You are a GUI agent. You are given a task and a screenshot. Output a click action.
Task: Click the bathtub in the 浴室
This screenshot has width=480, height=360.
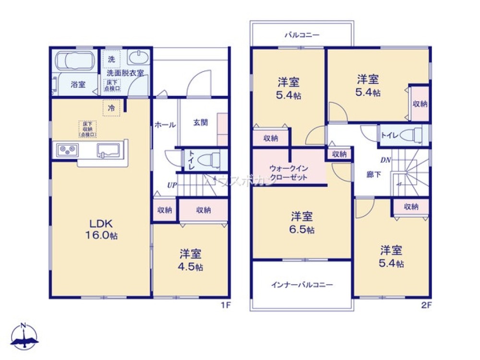pos(75,61)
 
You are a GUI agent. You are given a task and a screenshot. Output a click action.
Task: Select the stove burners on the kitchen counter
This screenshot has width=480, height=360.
pos(67,150)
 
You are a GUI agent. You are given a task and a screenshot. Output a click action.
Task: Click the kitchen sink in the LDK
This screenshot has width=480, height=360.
pos(108,151)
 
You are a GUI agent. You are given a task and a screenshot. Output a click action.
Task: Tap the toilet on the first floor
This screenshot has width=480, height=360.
pos(209,159)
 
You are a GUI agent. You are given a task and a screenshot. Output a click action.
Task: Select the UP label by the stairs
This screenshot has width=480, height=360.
pos(171,185)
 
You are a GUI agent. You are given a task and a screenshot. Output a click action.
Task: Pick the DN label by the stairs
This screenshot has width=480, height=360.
pos(385,160)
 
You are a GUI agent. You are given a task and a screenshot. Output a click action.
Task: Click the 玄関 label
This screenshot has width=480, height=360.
pos(201,122)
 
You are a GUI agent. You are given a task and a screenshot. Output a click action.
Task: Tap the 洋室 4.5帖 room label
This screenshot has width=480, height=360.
pos(191,260)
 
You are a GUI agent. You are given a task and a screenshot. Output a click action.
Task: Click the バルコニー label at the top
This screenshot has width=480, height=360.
pos(302,35)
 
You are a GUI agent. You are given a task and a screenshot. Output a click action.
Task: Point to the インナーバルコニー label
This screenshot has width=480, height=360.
pos(302,284)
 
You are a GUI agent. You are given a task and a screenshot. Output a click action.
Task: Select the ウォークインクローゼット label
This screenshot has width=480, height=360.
pos(288,172)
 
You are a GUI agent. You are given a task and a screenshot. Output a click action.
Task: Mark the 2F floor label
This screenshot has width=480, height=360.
pos(427,304)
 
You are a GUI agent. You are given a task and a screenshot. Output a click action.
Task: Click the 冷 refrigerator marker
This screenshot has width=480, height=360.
pos(111,108)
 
